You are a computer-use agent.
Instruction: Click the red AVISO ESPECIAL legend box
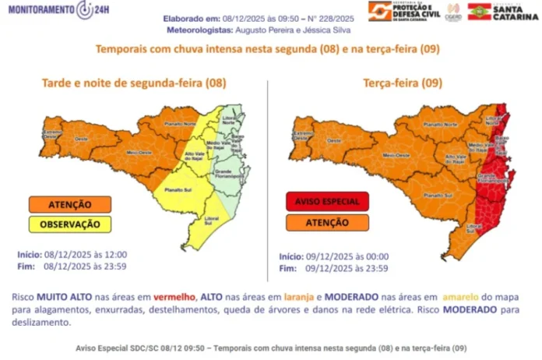(x=326, y=201)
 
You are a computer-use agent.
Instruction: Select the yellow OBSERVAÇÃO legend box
(x=70, y=223)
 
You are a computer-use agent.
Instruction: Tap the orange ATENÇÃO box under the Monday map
(x=70, y=205)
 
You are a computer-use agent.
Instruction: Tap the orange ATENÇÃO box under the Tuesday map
(x=326, y=222)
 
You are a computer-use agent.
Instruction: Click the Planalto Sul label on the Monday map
(x=178, y=189)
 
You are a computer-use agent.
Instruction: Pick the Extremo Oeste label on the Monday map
(x=52, y=134)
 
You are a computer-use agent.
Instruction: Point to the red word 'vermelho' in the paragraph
(x=175, y=298)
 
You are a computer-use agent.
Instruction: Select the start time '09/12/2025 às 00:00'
(x=347, y=256)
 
